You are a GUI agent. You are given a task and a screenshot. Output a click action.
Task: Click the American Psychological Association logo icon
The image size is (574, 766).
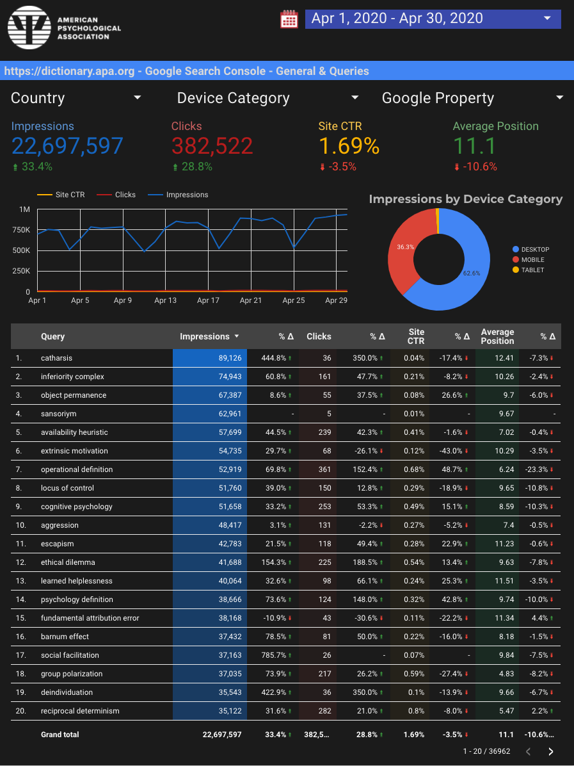[x=29, y=28]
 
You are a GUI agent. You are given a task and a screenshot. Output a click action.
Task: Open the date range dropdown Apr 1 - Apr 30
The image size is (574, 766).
[x=433, y=19]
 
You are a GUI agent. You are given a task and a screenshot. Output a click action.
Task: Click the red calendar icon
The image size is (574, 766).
[x=289, y=19]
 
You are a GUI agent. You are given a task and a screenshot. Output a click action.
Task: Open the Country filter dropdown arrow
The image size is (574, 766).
[x=137, y=98]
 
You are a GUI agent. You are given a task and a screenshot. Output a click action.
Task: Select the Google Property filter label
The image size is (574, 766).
[x=438, y=98]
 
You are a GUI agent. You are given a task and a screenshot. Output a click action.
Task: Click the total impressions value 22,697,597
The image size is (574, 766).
[x=67, y=146]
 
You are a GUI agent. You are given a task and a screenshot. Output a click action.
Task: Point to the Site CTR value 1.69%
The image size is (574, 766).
[x=349, y=146]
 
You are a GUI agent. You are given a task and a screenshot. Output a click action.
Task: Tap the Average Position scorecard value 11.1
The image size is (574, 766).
[x=474, y=146]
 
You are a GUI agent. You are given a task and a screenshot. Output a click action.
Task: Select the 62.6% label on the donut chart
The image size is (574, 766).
[x=471, y=273]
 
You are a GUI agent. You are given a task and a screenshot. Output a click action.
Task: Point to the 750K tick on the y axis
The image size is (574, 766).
[x=24, y=230]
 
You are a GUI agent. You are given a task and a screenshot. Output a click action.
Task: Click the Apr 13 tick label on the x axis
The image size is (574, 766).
[x=165, y=300]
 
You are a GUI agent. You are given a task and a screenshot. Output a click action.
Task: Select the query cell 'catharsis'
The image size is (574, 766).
[x=56, y=358]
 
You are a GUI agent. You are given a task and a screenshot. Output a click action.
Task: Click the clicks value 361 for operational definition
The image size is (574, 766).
[x=324, y=469]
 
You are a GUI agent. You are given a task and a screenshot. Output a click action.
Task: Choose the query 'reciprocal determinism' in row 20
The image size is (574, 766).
[x=80, y=711]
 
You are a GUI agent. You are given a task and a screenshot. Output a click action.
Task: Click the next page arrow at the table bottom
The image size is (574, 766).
[x=551, y=751]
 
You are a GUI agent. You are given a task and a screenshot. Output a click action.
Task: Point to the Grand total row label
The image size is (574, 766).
[x=60, y=735]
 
